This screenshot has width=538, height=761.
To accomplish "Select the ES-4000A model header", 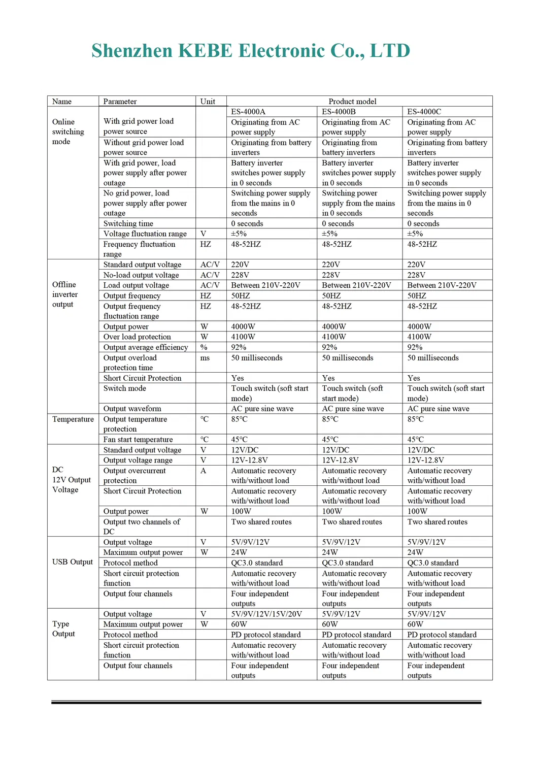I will (x=248, y=112).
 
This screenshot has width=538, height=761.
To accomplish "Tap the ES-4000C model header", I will (x=424, y=112).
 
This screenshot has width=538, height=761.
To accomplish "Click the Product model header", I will (x=352, y=102).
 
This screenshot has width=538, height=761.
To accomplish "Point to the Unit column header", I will (x=208, y=102).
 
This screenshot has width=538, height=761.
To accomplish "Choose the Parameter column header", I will (x=120, y=102).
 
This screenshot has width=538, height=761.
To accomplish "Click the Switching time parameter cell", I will (x=128, y=223).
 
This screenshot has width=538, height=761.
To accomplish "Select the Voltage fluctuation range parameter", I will (x=145, y=234).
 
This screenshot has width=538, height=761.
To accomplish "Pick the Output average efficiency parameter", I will (x=146, y=347).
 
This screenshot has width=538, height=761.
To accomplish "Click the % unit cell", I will (x=204, y=347).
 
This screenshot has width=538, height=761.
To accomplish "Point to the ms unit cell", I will (x=205, y=358).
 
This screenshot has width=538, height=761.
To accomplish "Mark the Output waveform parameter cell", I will (x=132, y=409).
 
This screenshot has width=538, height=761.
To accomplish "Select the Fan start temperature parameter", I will (x=138, y=440).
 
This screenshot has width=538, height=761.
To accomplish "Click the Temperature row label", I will (x=73, y=419).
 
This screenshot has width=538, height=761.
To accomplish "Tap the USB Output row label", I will (x=73, y=562).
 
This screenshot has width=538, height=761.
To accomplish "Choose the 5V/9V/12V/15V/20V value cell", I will (x=266, y=614).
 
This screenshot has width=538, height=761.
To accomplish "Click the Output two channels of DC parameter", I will (x=142, y=526).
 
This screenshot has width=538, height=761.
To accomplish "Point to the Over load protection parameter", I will (x=137, y=337).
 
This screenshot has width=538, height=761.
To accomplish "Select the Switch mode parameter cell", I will (x=125, y=388).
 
